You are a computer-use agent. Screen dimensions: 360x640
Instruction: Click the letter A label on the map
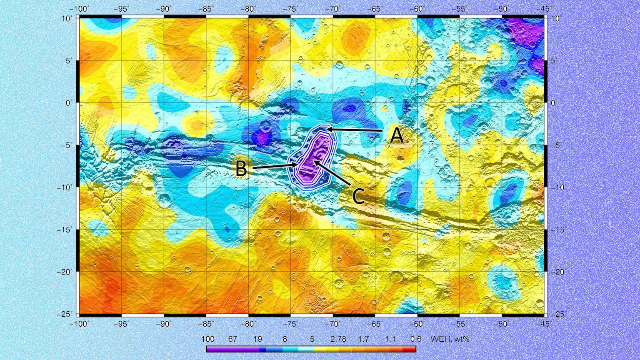(397, 136)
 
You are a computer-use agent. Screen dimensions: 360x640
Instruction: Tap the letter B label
(242, 169)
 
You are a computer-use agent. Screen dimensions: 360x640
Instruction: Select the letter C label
(358, 196)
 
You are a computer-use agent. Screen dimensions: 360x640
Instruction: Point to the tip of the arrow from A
(327, 129)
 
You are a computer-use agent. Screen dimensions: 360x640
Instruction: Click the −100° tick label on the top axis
(79, 9)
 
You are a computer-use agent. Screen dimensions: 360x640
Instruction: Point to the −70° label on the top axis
(332, 9)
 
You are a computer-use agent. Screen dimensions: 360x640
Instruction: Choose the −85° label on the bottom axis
(206, 324)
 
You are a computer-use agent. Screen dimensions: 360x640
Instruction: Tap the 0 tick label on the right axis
(553, 103)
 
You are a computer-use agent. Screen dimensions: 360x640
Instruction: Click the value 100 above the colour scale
(208, 339)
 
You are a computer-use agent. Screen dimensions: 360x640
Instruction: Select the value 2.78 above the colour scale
(338, 339)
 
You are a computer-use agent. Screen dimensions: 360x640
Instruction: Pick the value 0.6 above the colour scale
(416, 339)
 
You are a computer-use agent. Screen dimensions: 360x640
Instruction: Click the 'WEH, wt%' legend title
(450, 339)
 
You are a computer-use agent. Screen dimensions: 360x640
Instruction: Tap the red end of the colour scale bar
(412, 349)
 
